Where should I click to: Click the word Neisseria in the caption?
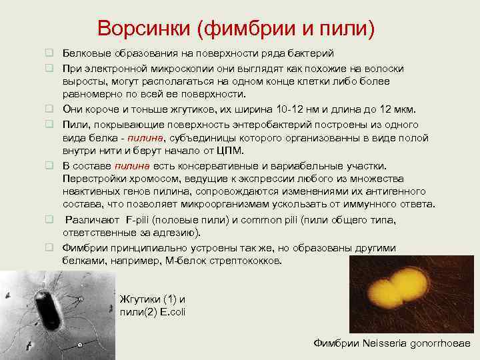383,343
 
